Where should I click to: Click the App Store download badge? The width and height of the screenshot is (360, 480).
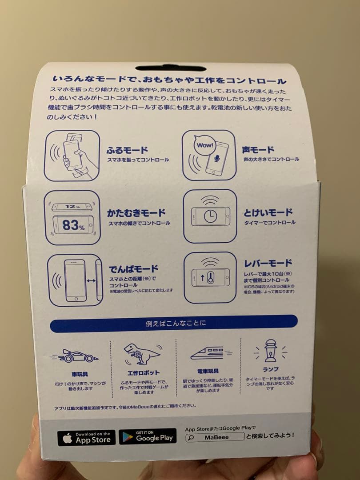86,438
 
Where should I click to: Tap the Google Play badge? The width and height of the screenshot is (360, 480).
148,437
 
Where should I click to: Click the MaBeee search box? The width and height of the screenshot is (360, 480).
214,437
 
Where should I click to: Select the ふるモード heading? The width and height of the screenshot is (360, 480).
127,150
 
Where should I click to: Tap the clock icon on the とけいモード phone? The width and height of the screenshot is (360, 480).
211,216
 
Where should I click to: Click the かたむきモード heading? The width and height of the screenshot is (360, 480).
136,213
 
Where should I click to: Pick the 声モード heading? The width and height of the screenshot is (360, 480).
258,150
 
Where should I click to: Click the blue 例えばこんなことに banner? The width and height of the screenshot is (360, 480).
173,324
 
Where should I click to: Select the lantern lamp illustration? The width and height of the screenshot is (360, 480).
270,351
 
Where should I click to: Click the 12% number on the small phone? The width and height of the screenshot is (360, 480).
71,206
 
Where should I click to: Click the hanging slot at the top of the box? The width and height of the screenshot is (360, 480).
171,68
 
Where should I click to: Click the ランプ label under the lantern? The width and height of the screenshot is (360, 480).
270,369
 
